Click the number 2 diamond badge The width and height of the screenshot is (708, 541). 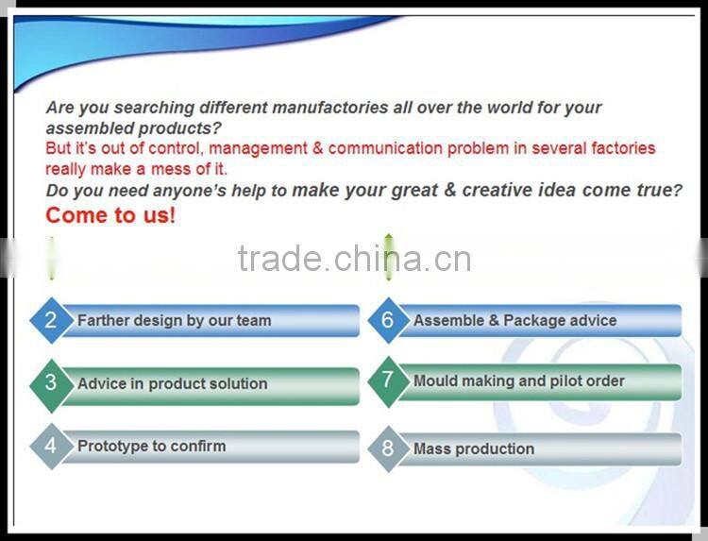[51, 320]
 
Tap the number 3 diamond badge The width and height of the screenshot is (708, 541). [51, 383]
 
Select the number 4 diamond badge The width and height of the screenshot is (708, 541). [51, 446]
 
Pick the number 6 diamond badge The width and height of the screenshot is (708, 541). [387, 320]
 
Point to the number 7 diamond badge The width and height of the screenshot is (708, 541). [387, 380]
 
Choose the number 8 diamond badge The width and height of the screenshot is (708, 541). [387, 448]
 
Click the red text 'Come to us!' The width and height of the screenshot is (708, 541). [110, 215]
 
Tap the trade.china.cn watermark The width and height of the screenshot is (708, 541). [354, 258]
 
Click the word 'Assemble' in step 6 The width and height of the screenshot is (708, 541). [448, 321]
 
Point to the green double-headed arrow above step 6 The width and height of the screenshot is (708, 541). [388, 257]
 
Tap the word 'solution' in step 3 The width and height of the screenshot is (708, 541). [237, 384]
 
